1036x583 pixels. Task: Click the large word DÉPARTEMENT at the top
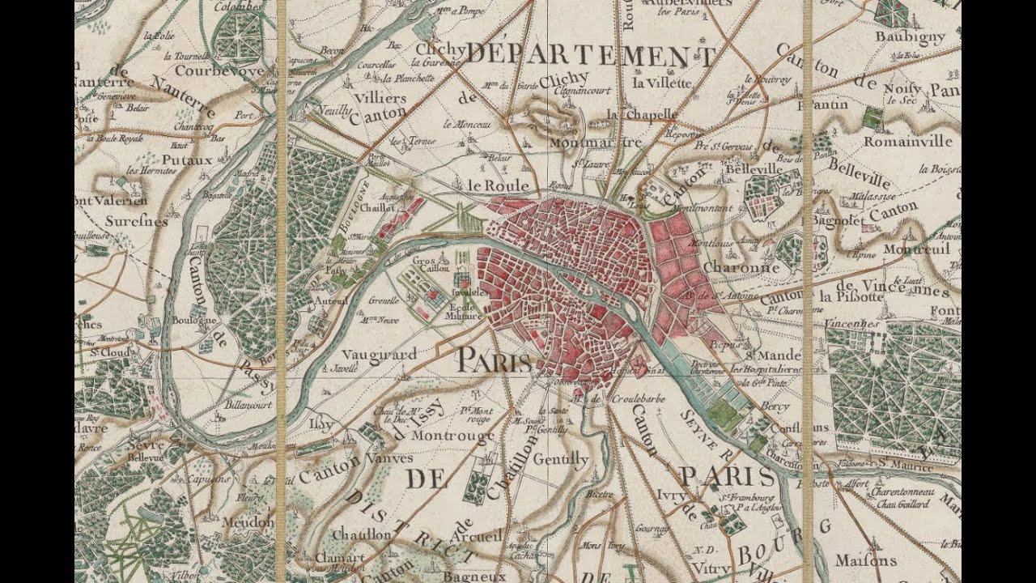pos(590,57)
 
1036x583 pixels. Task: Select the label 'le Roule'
pos(498,185)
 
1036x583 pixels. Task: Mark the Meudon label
pos(248,521)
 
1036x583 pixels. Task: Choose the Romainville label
pos(908,141)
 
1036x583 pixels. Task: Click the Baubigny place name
pos(910,37)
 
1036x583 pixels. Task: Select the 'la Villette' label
pos(662,83)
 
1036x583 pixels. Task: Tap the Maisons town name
pos(865,560)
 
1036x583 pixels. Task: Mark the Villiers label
pos(380,98)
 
